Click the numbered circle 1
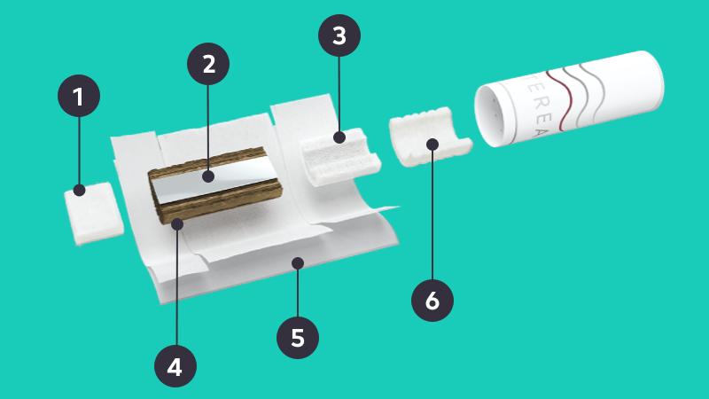click(x=79, y=96)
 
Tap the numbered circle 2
click(x=208, y=64)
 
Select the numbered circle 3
click(x=339, y=35)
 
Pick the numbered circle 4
click(x=175, y=366)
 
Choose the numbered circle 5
click(x=298, y=338)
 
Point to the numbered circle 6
click(x=432, y=300)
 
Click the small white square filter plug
click(x=94, y=214)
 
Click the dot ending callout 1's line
click(x=80, y=190)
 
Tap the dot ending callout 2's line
click(x=208, y=176)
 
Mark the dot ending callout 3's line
click(x=339, y=137)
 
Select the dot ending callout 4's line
click(x=177, y=224)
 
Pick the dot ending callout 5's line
click(x=298, y=262)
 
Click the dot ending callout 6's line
click(x=432, y=145)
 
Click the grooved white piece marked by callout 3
click(x=339, y=157)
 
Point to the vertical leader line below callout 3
click(x=339, y=94)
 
